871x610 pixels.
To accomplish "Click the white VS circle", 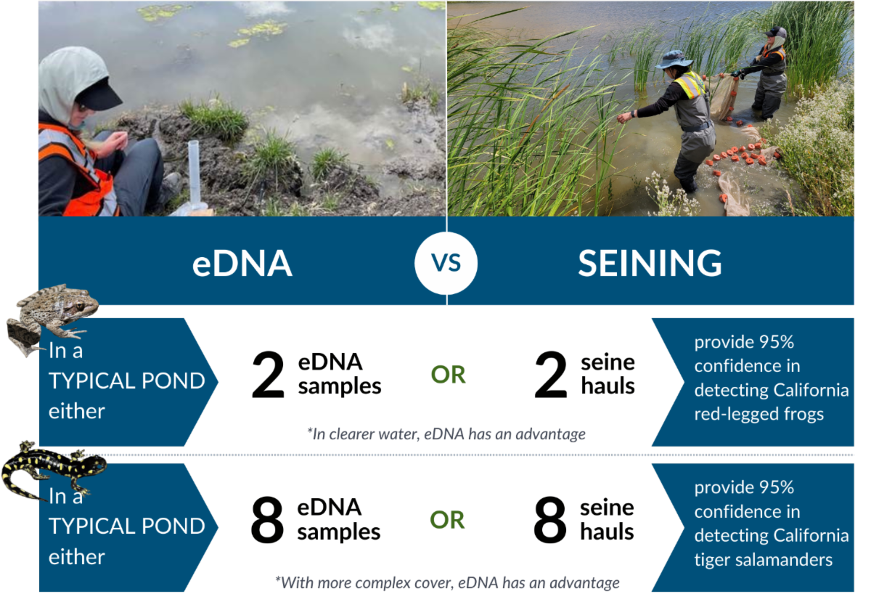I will tap(446, 263).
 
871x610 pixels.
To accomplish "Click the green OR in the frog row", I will tap(448, 375).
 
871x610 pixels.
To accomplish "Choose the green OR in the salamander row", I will tap(447, 520).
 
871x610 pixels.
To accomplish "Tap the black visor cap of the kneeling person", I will tap(99, 94).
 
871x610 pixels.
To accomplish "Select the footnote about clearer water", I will tap(446, 434).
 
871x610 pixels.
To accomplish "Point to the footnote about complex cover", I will tap(447, 582).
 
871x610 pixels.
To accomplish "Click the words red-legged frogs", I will tap(758, 414).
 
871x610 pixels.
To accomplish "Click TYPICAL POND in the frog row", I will tap(127, 381).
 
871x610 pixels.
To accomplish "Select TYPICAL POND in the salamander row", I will tap(127, 526).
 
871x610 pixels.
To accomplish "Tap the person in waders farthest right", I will tap(771, 73).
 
